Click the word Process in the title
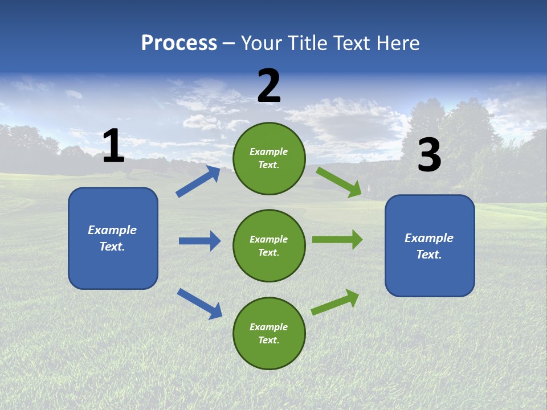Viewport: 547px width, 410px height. point(179,43)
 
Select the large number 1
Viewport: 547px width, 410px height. point(113,146)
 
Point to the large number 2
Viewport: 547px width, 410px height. point(269,86)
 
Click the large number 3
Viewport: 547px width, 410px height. point(429,155)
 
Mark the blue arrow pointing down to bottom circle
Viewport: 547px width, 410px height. point(199,303)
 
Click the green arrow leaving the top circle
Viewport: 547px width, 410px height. point(338,182)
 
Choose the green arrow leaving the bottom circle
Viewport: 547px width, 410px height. point(335,302)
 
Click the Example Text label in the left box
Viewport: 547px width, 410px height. point(112,238)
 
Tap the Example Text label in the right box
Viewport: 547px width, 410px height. point(429,246)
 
